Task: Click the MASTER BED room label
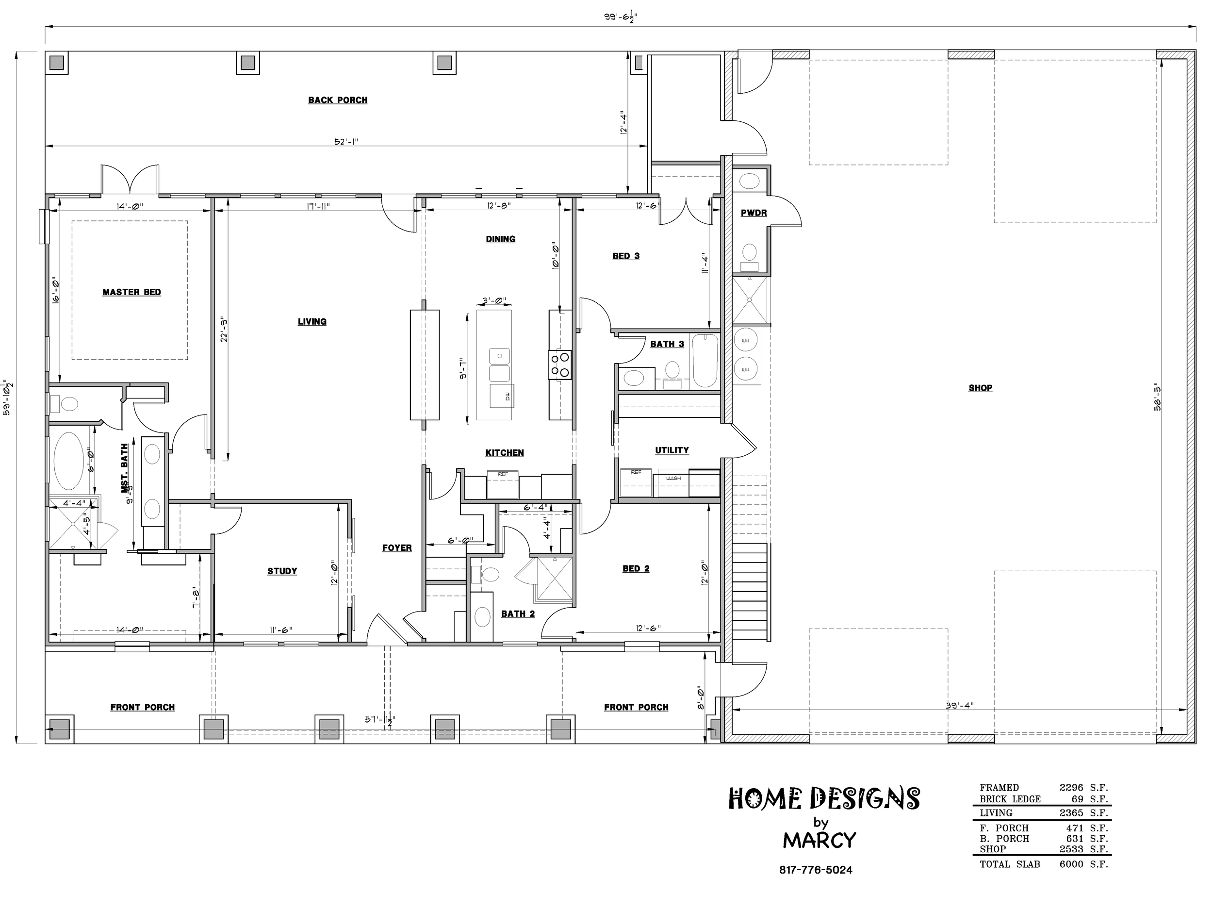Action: click(131, 292)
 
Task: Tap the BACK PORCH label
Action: click(338, 100)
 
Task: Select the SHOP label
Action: click(981, 388)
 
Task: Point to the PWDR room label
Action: click(754, 213)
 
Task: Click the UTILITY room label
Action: click(672, 450)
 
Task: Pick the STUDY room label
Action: click(282, 571)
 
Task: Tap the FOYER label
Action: click(397, 547)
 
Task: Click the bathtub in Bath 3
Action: click(705, 361)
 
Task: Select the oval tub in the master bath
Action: click(69, 461)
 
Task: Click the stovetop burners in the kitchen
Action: click(560, 365)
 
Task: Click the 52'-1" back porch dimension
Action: click(346, 142)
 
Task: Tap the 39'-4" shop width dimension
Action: click(960, 705)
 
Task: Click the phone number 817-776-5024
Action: click(816, 870)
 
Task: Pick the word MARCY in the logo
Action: click(820, 840)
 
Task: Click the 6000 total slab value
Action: click(1071, 864)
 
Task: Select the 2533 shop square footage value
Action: click(1071, 849)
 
